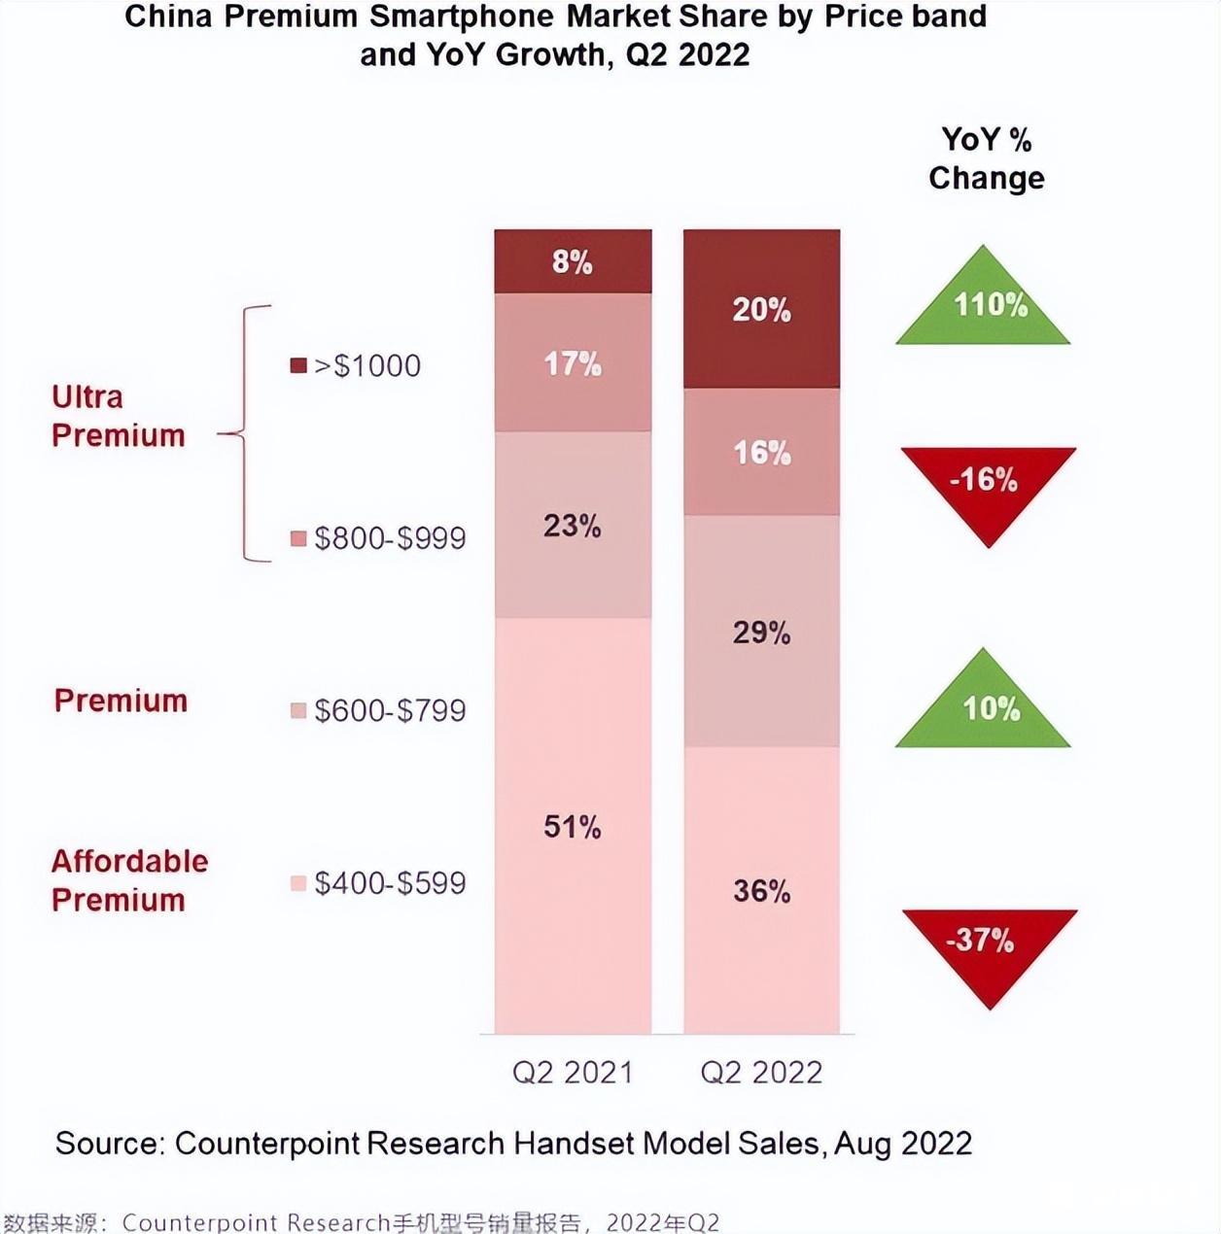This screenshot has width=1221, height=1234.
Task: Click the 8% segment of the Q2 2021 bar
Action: pyautogui.click(x=573, y=261)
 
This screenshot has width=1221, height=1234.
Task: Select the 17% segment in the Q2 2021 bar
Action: pyautogui.click(x=573, y=363)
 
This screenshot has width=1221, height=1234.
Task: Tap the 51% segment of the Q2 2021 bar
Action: pyautogui.click(x=573, y=826)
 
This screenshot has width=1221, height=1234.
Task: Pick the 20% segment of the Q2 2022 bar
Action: pyautogui.click(x=761, y=309)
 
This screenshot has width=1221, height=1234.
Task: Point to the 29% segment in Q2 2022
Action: pyautogui.click(x=761, y=632)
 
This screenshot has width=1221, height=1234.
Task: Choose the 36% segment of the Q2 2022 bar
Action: pyautogui.click(x=761, y=890)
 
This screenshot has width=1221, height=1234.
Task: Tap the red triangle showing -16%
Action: pyautogui.click(x=987, y=484)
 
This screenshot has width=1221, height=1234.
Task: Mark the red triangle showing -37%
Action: pyautogui.click(x=988, y=945)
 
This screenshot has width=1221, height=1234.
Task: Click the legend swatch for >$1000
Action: pyautogui.click(x=299, y=365)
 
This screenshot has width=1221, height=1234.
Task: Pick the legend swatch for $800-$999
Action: pyautogui.click(x=299, y=538)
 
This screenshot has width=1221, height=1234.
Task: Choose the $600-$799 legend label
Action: pyautogui.click(x=390, y=710)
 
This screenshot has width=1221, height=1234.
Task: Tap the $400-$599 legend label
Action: pyautogui.click(x=390, y=883)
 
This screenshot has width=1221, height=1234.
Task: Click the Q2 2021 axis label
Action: pyautogui.click(x=573, y=1072)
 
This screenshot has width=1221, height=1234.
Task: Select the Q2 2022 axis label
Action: pyautogui.click(x=761, y=1072)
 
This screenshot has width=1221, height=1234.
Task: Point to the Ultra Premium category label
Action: pyautogui.click(x=118, y=416)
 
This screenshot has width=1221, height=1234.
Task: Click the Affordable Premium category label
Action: pyautogui.click(x=129, y=880)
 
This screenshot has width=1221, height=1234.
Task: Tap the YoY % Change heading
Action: pyautogui.click(x=986, y=158)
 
